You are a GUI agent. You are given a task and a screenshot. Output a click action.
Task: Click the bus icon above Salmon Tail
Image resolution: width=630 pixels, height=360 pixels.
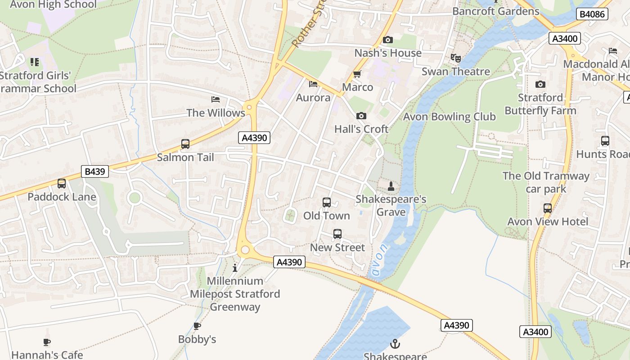(185, 144)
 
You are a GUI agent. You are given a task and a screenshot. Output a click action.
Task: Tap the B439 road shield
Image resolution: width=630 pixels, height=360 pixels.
(95, 171)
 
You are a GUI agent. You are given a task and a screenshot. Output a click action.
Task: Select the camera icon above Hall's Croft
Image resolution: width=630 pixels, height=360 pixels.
(361, 116)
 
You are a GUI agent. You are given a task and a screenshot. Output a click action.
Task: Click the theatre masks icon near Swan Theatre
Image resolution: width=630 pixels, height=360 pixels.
(455, 58)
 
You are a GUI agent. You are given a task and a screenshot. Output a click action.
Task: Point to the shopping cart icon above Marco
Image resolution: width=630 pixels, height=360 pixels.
(357, 74)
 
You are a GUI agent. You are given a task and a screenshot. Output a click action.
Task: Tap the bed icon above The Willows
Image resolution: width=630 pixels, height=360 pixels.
(216, 99)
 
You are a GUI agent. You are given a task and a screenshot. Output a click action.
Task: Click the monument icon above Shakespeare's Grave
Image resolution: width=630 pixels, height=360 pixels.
(391, 186)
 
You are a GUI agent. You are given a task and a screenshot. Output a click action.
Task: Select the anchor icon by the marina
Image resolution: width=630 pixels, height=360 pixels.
(395, 344)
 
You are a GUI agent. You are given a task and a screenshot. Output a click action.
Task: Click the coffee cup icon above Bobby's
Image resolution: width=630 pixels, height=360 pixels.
(197, 326)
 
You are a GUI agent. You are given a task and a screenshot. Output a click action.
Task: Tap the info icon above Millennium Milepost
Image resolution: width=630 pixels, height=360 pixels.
(234, 268)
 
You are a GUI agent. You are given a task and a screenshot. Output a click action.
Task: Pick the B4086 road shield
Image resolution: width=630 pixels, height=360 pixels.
(592, 14)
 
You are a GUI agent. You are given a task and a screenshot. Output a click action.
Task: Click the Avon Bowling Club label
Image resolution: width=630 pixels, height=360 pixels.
(449, 117)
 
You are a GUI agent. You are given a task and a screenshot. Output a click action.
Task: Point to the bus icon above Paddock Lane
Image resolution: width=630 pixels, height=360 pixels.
(62, 184)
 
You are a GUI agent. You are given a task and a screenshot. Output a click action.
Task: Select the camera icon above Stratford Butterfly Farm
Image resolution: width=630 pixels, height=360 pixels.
(540, 85)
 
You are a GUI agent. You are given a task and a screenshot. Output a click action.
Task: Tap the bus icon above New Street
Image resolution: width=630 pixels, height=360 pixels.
(337, 234)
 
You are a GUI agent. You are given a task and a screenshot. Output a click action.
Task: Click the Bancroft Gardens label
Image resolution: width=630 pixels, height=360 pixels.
(495, 11)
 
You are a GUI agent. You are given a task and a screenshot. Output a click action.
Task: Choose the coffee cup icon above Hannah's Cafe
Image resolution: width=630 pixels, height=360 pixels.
(47, 342)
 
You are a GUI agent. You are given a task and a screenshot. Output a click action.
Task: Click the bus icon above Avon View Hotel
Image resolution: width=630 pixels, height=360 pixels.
(547, 208)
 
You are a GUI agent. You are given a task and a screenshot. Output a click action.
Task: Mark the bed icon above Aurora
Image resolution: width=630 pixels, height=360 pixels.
(313, 84)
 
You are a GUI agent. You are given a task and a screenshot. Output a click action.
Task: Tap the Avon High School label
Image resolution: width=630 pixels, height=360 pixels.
(53, 4)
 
